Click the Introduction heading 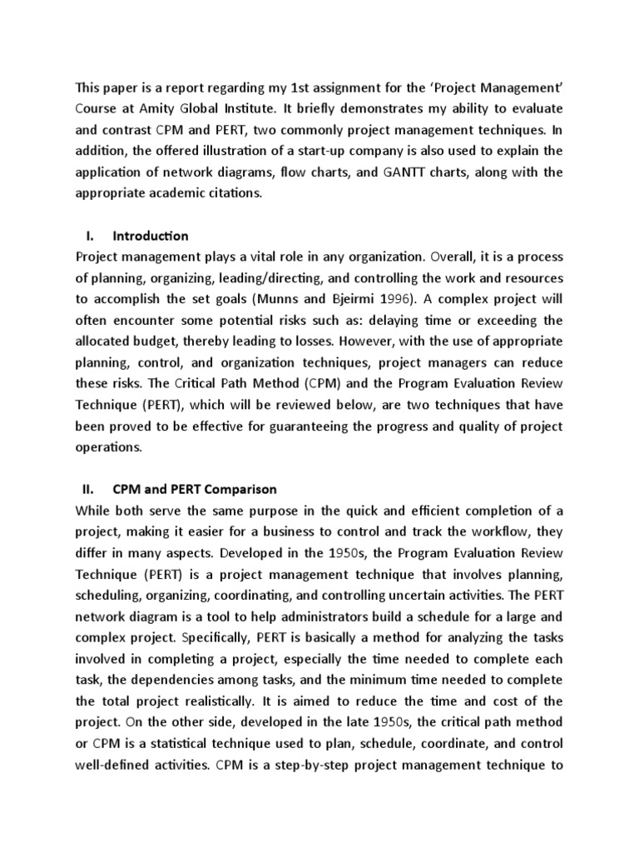click(x=151, y=236)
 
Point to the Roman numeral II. click(x=87, y=489)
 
